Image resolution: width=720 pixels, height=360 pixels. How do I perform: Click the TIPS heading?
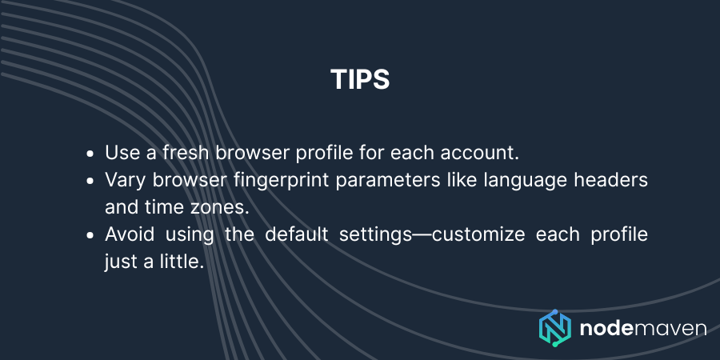[360, 80]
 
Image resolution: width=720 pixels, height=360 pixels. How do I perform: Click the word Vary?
[124, 180]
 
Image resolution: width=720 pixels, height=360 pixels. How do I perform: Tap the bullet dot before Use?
[90, 153]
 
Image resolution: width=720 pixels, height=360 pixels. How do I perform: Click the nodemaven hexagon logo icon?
[554, 328]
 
